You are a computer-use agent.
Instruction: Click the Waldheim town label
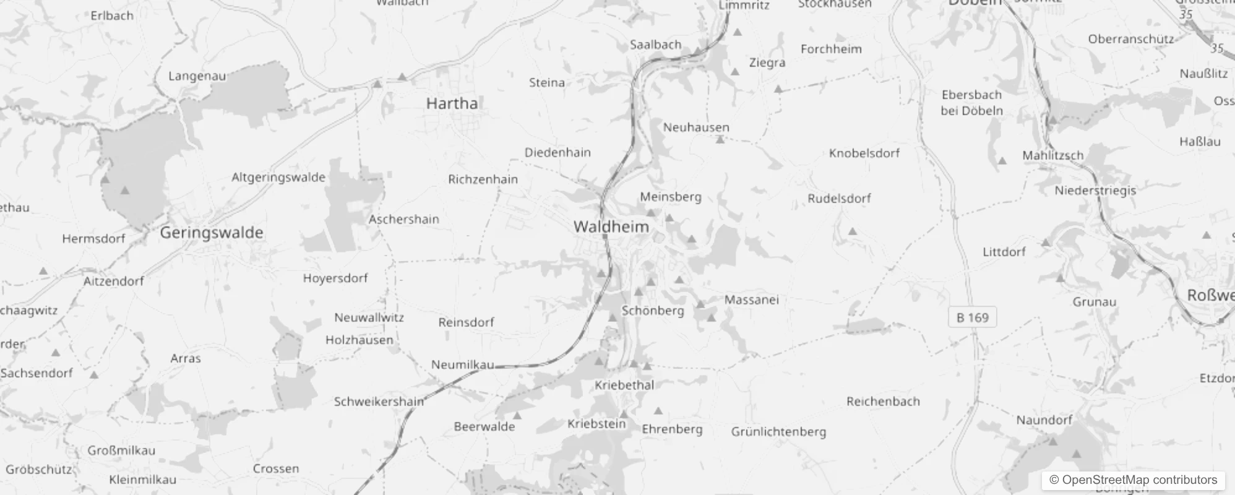click(x=611, y=226)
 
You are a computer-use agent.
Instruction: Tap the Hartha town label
click(x=452, y=103)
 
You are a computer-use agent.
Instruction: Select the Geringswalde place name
click(x=212, y=233)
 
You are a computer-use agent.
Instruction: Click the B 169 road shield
click(x=972, y=317)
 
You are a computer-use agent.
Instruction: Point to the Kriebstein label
click(x=596, y=424)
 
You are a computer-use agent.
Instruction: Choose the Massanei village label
click(x=751, y=299)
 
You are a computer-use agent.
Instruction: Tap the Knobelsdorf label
click(x=864, y=153)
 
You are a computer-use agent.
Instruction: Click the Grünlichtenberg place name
click(x=778, y=432)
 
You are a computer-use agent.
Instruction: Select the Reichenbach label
click(x=883, y=401)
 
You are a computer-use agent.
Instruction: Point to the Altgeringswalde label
click(x=278, y=178)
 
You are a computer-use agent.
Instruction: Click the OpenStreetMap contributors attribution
click(x=1133, y=480)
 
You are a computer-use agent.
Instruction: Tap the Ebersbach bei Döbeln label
click(x=971, y=103)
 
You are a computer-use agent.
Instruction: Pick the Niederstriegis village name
click(x=1095, y=190)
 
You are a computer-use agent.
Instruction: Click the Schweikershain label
click(x=379, y=402)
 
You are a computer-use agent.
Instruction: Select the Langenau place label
click(x=197, y=76)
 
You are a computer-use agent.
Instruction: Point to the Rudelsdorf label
click(x=839, y=199)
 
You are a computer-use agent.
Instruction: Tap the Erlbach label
click(x=111, y=15)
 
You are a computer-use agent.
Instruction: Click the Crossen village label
click(x=275, y=468)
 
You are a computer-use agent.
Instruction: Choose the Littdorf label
click(x=1004, y=252)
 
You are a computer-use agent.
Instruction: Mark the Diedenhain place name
click(x=557, y=152)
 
